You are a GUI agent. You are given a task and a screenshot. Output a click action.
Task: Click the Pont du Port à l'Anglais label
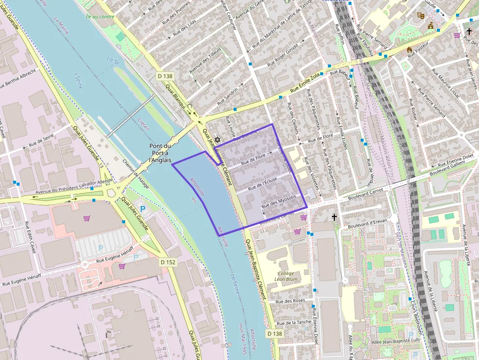160,153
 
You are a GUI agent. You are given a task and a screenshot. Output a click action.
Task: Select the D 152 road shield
168,262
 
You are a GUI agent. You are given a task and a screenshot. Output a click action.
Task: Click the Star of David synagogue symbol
218,140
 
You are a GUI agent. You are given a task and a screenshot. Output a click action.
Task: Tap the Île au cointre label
100,16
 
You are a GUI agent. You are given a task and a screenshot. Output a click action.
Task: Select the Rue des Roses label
290,301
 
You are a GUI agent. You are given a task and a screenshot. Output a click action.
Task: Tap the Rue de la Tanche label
294,323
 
